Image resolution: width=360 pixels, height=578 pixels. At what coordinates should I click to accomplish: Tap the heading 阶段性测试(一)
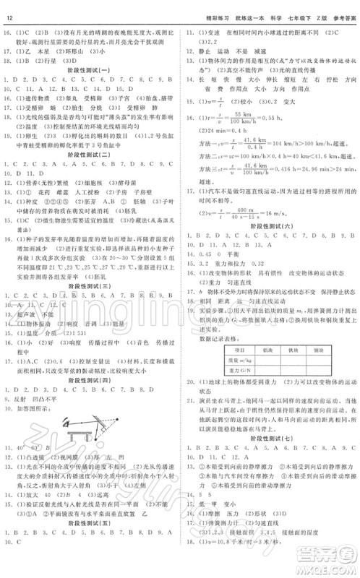click(x=91, y=69)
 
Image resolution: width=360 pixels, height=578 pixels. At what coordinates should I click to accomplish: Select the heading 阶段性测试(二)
click(x=91, y=154)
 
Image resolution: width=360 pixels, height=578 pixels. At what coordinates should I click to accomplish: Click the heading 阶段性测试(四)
click(x=91, y=380)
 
